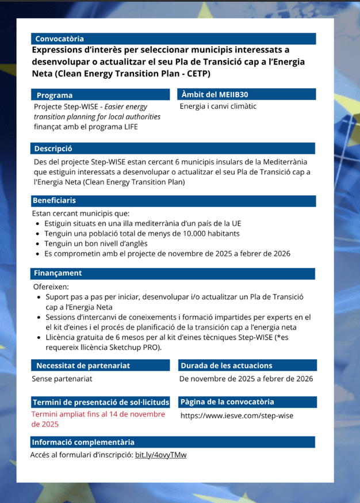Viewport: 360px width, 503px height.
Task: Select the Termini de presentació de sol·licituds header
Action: (101, 402)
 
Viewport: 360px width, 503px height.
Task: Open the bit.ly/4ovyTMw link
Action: (160, 455)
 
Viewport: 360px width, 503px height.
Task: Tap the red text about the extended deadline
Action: (98, 419)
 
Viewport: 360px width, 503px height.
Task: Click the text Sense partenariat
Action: (62, 379)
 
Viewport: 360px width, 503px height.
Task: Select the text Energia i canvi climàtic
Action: (218, 106)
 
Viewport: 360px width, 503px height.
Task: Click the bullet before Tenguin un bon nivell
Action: (38, 244)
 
